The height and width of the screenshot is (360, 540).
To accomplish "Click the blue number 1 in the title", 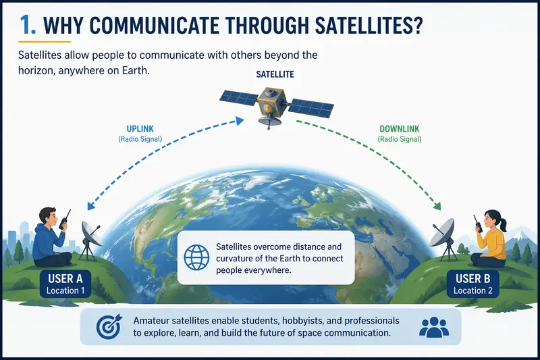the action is coord(25,25).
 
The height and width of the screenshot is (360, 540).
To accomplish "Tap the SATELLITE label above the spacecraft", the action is coord(275,74).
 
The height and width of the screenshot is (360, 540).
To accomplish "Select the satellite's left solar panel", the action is coord(239,97).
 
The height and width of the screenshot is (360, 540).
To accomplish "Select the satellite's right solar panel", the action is coord(311,107).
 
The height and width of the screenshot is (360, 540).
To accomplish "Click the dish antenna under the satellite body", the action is coord(269,122).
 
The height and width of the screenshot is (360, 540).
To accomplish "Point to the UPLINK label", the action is coord(140,129).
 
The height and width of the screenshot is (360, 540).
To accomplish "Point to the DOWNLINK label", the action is coord(400,129).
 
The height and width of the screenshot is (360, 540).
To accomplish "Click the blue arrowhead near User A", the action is coord(91,205).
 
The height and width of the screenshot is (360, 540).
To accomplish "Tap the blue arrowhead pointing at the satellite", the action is coord(240,121).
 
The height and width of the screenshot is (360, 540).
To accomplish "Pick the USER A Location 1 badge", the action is coord(65,284).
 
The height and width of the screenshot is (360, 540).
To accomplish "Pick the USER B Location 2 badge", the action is coord(473,284).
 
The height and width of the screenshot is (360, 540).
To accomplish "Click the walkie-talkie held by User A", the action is coord(64,220).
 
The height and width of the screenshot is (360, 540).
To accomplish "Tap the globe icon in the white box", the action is coord(196,257).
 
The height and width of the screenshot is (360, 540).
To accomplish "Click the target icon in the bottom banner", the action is coord(109,326).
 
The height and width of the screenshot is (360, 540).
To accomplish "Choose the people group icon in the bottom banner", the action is coord(434,327).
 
